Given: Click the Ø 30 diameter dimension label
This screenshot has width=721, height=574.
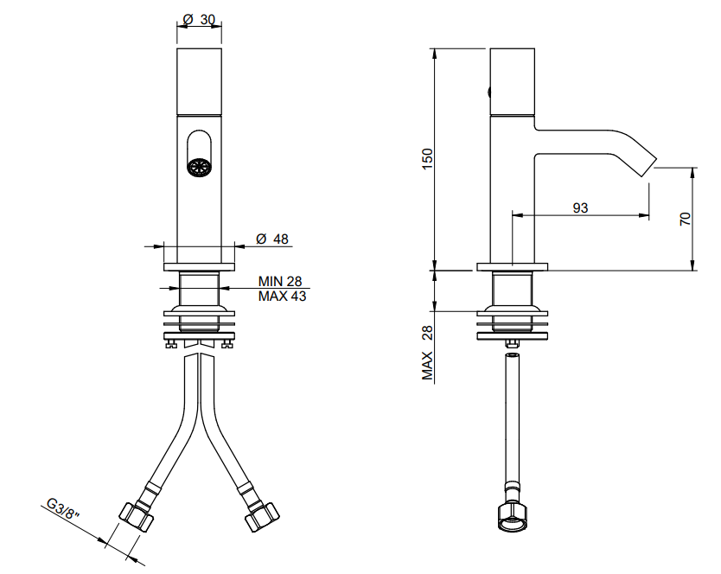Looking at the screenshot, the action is tap(199, 19).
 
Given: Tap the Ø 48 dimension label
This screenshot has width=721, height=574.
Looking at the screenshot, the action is tap(272, 239).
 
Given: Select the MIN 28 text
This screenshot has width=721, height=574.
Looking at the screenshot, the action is tap(280, 281).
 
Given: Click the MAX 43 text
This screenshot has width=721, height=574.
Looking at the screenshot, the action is tap(282, 296).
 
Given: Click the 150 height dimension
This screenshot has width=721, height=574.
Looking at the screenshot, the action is tap(427, 159).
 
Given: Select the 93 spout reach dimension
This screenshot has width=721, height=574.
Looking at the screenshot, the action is tap(580, 207).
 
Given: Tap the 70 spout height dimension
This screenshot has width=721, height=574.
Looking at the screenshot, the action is tap(686, 219).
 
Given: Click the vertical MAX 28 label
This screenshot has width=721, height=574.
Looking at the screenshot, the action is tap(428, 353).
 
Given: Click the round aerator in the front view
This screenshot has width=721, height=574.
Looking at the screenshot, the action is tap(199, 166).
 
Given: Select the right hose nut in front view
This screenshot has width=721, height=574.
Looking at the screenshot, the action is tap(262, 518).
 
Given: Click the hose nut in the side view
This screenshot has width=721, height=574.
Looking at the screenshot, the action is tap(513, 518).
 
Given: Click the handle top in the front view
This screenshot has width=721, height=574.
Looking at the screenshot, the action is tap(199, 81).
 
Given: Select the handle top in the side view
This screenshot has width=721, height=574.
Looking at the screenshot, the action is tap(513, 81).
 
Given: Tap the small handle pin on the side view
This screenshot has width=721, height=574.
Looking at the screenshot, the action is tap(488, 92).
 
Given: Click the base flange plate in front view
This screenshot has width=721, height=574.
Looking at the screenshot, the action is tap(199, 267).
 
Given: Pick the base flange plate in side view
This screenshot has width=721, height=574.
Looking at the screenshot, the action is tap(513, 267).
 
